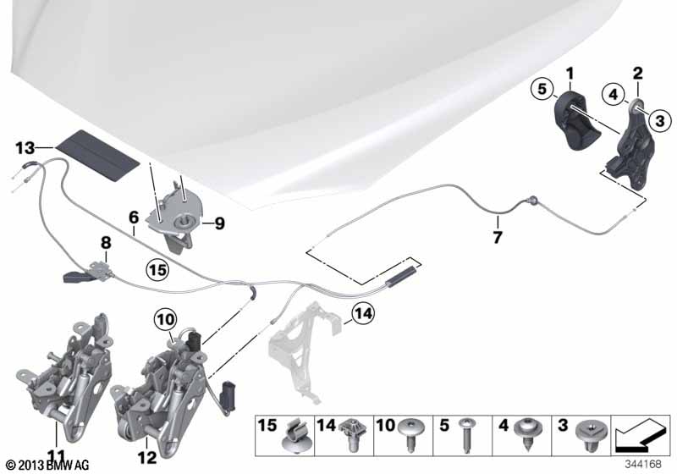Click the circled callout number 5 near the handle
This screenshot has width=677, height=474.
pyautogui.click(x=542, y=89)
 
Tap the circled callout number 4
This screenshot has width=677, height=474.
pyautogui.click(x=614, y=94)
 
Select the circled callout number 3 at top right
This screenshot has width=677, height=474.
pyautogui.click(x=660, y=120)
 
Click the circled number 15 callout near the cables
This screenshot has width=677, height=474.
pyautogui.click(x=157, y=270)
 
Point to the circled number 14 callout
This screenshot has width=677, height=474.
pyautogui.click(x=363, y=313)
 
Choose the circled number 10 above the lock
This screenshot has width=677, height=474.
pyautogui.click(x=166, y=320)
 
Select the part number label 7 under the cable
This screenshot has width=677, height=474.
pyautogui.click(x=498, y=236)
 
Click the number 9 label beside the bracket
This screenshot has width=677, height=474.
pyautogui.click(x=219, y=223)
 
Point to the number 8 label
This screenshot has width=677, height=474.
pyautogui.click(x=106, y=243)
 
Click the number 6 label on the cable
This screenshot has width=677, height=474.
pyautogui.click(x=134, y=218)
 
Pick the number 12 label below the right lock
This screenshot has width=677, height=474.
pyautogui.click(x=146, y=458)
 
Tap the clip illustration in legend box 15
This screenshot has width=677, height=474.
pyautogui.click(x=297, y=437)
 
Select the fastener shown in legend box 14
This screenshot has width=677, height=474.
pyautogui.click(x=353, y=435)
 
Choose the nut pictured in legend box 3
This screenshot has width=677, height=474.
pyautogui.click(x=592, y=435)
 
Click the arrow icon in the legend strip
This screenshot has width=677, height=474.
pyautogui.click(x=639, y=436)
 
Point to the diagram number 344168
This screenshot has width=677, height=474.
pyautogui.click(x=643, y=464)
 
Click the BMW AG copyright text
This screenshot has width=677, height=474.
pyautogui.click(x=48, y=465)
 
